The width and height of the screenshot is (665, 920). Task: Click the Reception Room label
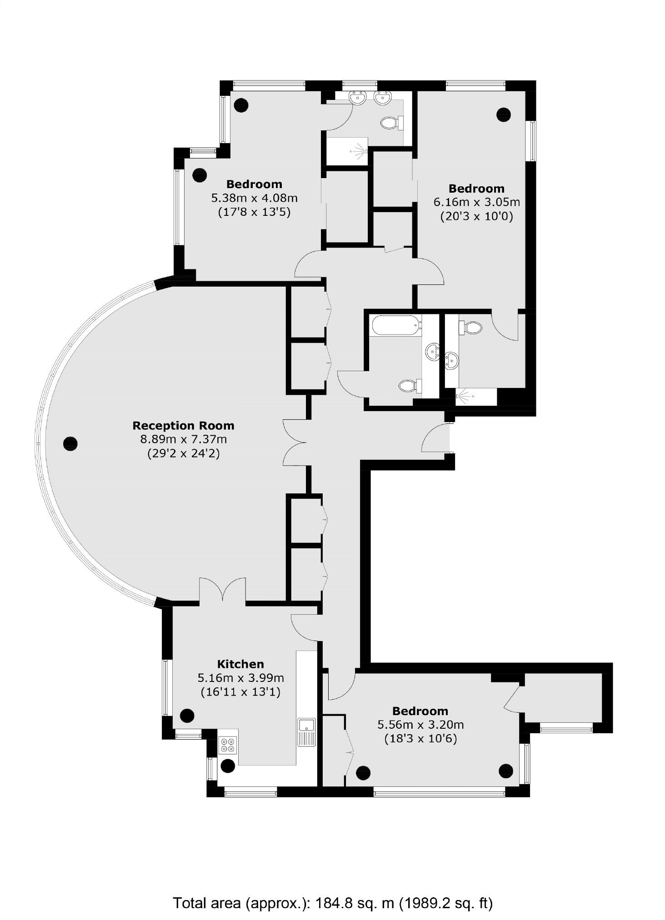(183, 425)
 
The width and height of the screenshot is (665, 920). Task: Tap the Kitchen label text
(240, 664)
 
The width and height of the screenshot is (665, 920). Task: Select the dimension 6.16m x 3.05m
(476, 202)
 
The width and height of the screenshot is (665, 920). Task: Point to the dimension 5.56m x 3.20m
(420, 725)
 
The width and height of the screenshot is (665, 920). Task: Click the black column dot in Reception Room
(70, 443)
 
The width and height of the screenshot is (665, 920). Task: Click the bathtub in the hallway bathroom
(394, 325)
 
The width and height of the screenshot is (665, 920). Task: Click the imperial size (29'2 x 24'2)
(183, 453)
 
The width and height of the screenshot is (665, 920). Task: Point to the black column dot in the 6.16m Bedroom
(503, 114)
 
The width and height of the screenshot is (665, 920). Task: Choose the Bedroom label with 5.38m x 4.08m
(254, 184)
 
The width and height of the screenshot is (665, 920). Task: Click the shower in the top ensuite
(348, 150)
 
